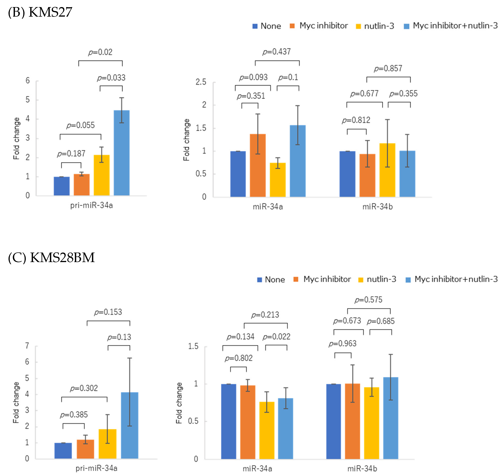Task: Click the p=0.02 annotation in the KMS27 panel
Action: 100,52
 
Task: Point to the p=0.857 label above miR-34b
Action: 388,69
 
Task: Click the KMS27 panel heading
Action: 40,12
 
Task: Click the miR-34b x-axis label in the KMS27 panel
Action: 378,207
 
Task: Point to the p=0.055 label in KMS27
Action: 81,125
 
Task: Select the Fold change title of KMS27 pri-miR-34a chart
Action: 16,139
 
